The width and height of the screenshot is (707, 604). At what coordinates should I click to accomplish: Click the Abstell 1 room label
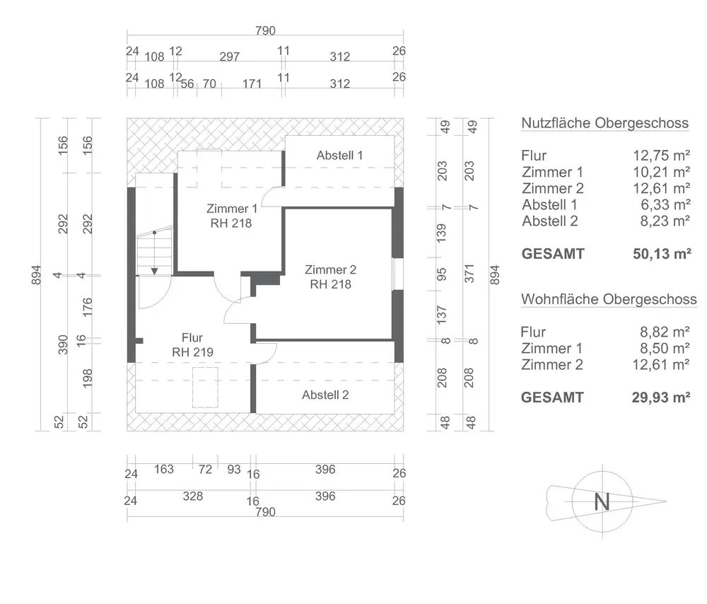click(x=339, y=155)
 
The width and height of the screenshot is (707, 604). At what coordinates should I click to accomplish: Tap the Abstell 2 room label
click(x=325, y=395)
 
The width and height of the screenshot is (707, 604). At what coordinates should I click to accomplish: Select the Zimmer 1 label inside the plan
click(x=232, y=209)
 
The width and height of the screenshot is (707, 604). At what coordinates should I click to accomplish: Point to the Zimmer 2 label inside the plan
click(x=330, y=269)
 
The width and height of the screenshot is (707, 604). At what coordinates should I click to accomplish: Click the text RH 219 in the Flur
click(x=192, y=352)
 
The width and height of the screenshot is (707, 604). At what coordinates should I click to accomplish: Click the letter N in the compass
click(x=602, y=502)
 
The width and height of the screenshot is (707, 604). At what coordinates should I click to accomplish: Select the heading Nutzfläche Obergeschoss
click(x=604, y=123)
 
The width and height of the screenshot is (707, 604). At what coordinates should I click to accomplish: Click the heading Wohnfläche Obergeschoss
click(x=609, y=299)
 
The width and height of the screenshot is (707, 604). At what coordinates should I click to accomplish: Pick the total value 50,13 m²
click(x=662, y=254)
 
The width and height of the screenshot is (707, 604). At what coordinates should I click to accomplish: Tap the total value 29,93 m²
click(x=662, y=397)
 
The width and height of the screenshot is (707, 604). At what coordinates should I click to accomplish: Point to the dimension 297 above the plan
click(x=230, y=57)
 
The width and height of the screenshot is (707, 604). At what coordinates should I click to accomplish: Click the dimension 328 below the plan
click(x=192, y=496)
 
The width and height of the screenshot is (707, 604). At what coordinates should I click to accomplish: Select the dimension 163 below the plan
click(x=163, y=469)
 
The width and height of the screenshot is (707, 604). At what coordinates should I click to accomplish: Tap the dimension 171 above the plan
click(x=252, y=83)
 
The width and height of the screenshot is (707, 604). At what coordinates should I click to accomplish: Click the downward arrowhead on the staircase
click(x=154, y=269)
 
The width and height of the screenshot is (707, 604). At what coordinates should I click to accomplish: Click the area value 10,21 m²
click(x=662, y=172)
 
